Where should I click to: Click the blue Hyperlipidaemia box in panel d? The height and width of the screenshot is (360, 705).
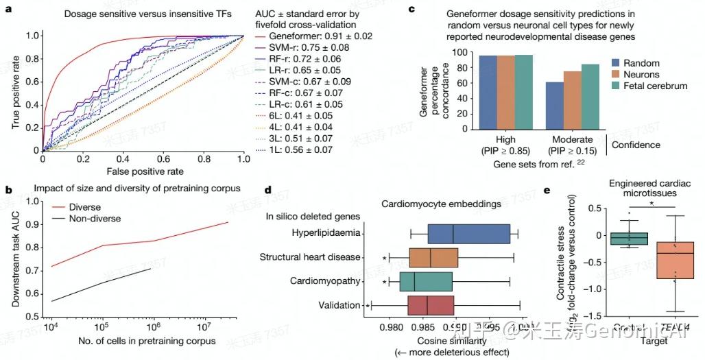468,234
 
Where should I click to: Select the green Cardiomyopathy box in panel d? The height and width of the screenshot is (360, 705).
426,281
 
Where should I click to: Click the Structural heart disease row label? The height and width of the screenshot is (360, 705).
310,257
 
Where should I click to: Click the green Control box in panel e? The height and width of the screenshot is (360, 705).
629,238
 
